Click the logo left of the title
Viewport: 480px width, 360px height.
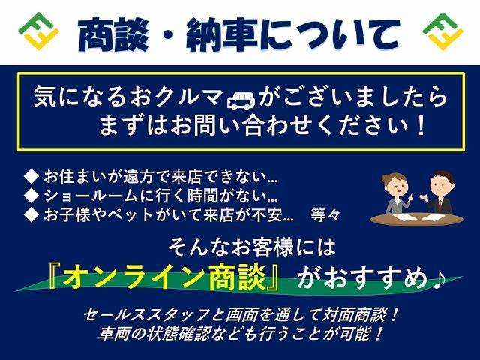38,31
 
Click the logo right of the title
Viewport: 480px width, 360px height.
442,31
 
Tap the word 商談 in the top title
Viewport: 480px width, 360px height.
113,34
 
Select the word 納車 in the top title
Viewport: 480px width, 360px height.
222,34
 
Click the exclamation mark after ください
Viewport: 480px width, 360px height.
421,126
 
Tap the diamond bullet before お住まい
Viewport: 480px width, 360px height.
31,177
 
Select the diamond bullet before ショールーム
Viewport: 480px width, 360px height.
31,196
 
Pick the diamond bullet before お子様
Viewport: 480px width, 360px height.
31,215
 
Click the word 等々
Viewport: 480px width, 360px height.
325,214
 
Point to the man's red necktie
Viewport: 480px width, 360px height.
440,205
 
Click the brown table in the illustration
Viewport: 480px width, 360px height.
417,219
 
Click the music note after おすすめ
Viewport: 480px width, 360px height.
438,278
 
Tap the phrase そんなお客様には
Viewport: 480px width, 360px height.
252,247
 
